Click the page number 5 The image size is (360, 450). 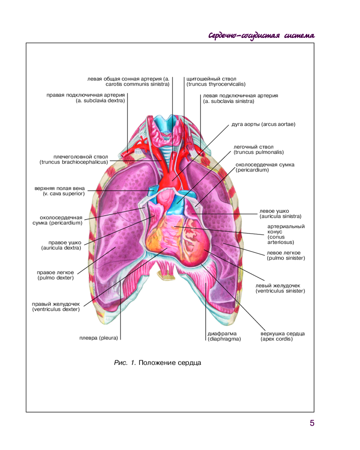[x=312, y=423]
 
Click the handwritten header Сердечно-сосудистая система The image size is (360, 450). [x=261, y=36]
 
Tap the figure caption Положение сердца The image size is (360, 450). [x=170, y=363]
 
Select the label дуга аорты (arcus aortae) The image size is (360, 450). [x=263, y=124]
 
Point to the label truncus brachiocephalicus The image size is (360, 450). [x=74, y=162]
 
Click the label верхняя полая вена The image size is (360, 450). [x=59, y=188]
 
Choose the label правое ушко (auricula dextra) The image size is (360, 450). [x=61, y=245]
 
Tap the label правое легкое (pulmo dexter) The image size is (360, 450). [x=55, y=275]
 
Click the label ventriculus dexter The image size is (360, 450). [x=56, y=310]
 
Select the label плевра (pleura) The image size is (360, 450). [x=99, y=338]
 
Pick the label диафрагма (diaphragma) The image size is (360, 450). [x=224, y=336]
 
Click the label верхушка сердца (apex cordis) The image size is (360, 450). [x=283, y=336]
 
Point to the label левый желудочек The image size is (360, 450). [x=278, y=286]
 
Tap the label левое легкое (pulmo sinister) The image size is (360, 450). [x=286, y=256]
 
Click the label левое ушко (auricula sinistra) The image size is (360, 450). [x=280, y=214]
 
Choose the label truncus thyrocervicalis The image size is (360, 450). [x=216, y=85]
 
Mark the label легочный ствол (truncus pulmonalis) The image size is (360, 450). [x=258, y=149]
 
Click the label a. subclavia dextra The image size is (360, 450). [x=100, y=101]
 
